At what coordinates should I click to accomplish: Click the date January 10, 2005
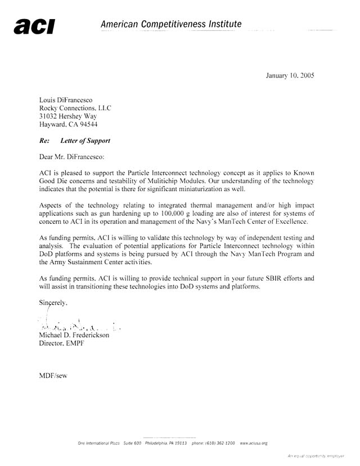290,75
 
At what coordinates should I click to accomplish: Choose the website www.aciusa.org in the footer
253,444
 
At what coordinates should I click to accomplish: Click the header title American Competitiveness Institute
171,24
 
